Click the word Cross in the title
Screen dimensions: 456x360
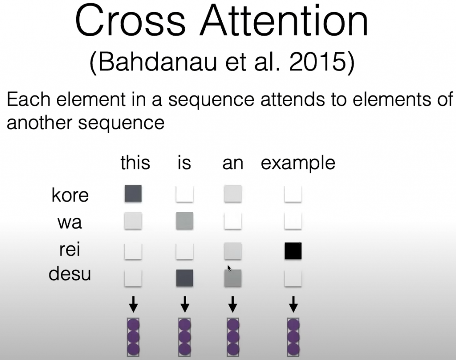click(130, 21)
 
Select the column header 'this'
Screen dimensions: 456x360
click(135, 162)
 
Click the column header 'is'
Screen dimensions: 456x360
click(184, 162)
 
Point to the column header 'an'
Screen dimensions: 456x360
click(232, 164)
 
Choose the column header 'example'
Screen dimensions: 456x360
click(298, 164)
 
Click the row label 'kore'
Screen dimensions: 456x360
click(70, 194)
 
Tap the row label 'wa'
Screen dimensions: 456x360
click(70, 223)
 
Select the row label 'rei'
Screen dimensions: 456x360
click(69, 249)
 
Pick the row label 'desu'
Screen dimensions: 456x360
click(70, 274)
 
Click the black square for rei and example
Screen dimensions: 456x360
click(293, 251)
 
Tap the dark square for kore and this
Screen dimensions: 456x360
click(133, 194)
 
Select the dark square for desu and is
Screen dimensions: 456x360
click(185, 278)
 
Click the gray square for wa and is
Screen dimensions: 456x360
click(185, 221)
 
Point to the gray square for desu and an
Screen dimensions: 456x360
click(233, 278)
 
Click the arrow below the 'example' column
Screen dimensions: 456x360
click(293, 304)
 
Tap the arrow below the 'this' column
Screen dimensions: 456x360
click(134, 304)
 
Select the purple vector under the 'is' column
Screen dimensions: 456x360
click(185, 337)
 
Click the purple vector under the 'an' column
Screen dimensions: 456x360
click(233, 337)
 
